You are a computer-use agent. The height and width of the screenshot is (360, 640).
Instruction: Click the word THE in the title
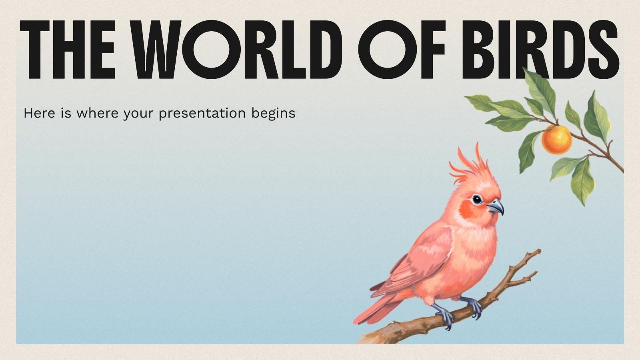pos(68,50)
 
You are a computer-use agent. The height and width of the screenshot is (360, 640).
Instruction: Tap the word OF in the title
pos(402,50)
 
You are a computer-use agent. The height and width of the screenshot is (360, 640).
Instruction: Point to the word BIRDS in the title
pos(540,50)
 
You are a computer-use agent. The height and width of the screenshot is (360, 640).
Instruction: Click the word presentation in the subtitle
pos(202,114)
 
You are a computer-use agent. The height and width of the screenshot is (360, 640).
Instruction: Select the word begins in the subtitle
pos(273,114)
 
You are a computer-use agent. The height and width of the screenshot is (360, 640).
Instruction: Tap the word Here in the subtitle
pos(40,113)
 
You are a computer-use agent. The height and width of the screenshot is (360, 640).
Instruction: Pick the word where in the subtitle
pos(97,113)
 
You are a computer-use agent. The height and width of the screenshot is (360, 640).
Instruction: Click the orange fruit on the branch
pos(557,140)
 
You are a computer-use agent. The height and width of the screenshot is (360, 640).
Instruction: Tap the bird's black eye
pos(477,199)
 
